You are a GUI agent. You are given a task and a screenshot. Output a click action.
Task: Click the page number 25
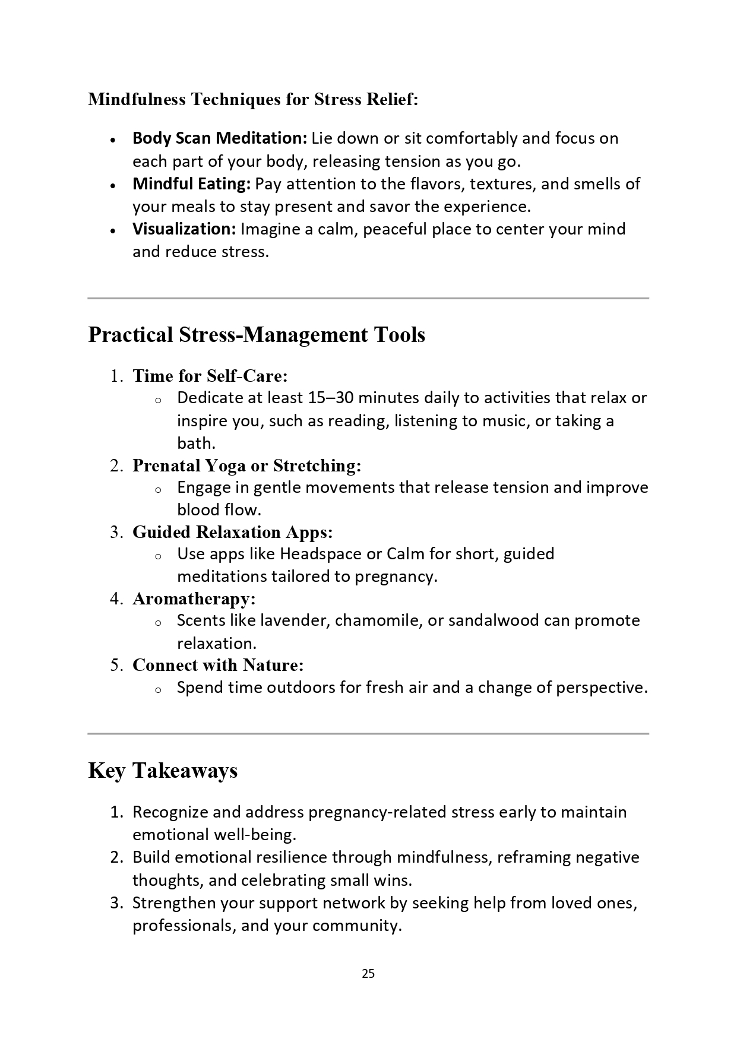click(x=368, y=974)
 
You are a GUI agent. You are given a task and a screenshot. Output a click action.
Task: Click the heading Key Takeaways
click(x=163, y=771)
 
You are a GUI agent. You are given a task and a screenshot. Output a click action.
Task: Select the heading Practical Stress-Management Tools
click(x=257, y=335)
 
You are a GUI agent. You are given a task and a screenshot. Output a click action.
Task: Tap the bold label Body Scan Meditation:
click(x=219, y=138)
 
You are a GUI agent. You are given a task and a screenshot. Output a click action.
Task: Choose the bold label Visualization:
click(x=184, y=229)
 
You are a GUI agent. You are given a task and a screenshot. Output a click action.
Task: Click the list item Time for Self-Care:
click(x=210, y=376)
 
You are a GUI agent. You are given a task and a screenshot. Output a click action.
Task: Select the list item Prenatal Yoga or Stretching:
click(x=246, y=465)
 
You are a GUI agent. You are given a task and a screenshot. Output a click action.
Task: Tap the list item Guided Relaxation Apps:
click(x=232, y=532)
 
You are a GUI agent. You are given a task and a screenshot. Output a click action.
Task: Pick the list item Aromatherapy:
click(x=194, y=598)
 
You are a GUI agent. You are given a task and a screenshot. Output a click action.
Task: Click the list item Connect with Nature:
click(x=218, y=665)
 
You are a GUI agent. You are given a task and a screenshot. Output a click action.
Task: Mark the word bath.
click(x=196, y=444)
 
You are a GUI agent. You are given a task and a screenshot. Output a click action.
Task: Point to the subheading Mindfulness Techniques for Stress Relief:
click(x=253, y=99)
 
